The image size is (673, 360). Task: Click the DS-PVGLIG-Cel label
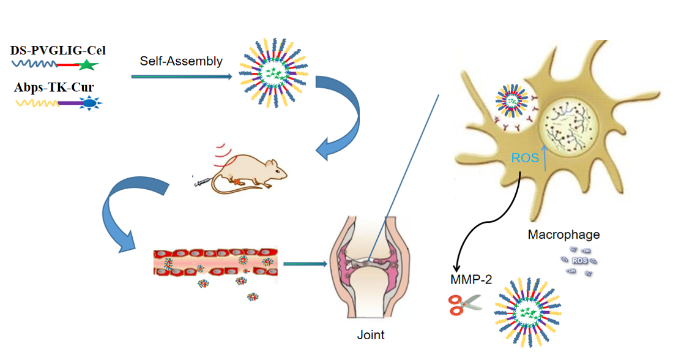[54, 50]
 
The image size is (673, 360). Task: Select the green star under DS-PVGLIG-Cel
[87, 64]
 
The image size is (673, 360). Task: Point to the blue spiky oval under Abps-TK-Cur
[90, 103]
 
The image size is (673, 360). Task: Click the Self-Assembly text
[181, 61]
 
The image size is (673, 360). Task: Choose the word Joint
[370, 334]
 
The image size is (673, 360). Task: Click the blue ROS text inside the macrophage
[524, 158]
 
